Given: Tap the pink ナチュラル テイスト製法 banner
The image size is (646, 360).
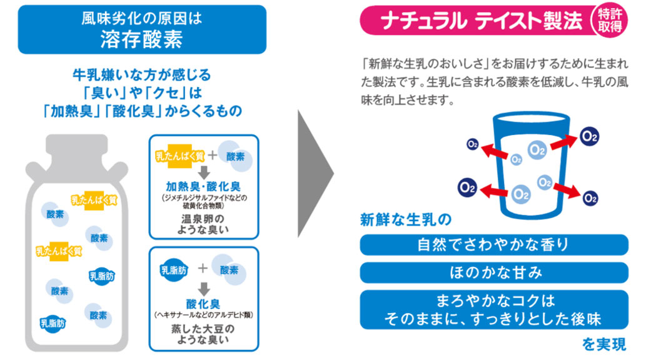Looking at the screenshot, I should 475,21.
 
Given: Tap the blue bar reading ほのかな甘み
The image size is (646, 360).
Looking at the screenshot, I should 494,272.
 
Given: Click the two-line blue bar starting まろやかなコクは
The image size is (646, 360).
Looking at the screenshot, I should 494,309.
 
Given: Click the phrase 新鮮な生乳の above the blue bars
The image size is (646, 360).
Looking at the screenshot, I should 405,219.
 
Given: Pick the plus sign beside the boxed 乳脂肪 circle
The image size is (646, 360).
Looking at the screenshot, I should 203,269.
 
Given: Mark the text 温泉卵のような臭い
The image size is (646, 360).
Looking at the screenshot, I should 203,225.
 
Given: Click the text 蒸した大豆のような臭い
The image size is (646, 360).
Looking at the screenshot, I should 203,334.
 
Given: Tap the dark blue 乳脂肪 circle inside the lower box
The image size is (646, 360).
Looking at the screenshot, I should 172,270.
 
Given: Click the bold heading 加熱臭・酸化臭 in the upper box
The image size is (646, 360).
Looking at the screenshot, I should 203,186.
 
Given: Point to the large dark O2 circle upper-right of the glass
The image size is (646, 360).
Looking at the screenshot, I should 589,134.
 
